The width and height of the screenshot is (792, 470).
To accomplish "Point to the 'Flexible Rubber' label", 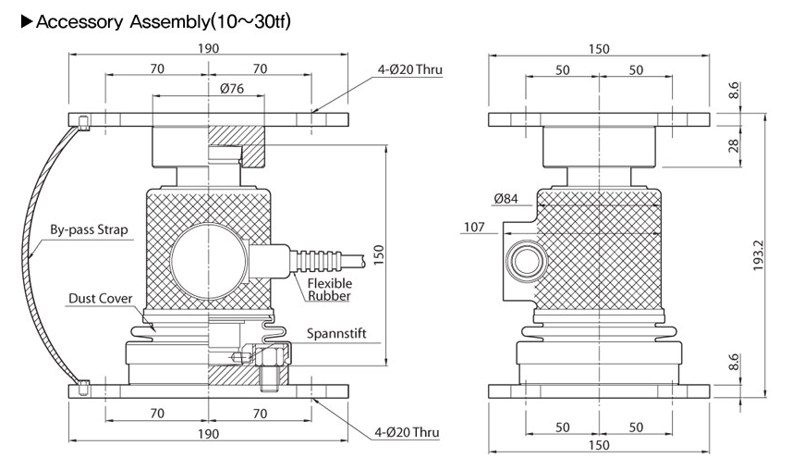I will [330, 290].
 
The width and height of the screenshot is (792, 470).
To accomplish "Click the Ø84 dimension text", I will [506, 197].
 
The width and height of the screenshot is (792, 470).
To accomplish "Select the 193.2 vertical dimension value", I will [759, 256].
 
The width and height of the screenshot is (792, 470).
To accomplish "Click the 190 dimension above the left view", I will [209, 49].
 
